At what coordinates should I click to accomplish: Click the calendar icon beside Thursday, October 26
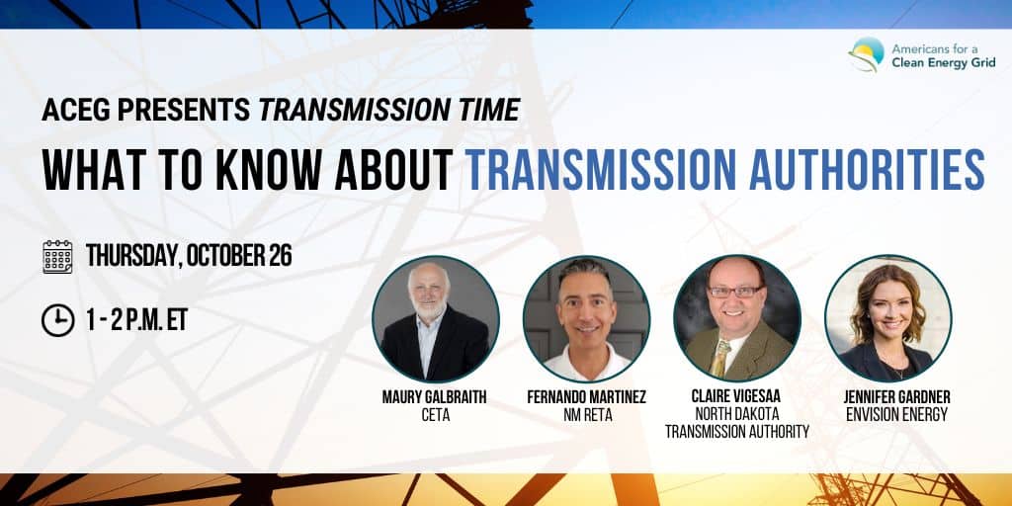[x=57, y=256]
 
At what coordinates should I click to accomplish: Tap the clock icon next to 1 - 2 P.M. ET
[x=57, y=320]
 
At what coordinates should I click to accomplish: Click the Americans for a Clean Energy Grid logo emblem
[x=866, y=53]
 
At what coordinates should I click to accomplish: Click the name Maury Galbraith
[x=435, y=397]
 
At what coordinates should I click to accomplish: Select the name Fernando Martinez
[x=586, y=397]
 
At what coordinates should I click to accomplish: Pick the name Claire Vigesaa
[x=737, y=397]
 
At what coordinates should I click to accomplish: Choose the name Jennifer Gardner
[x=897, y=397]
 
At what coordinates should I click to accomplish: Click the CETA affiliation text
[x=435, y=415]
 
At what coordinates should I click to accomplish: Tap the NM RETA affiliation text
[x=587, y=415]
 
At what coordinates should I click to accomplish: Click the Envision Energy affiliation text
[x=897, y=415]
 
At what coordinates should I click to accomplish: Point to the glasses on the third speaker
[x=735, y=292]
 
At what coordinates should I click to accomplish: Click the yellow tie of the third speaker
[x=720, y=357]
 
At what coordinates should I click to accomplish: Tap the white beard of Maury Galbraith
[x=429, y=309]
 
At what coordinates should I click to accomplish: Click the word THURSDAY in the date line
[x=131, y=256]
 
